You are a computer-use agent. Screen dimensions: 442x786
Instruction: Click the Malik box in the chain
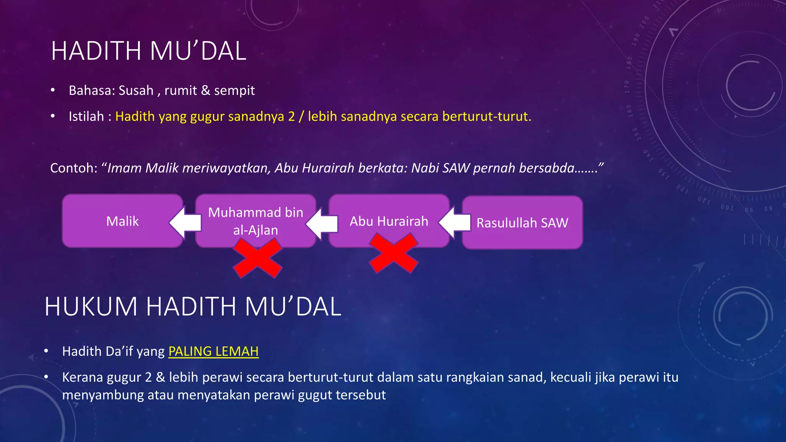[x=122, y=221]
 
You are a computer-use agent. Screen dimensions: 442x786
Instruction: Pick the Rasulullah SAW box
[x=522, y=223]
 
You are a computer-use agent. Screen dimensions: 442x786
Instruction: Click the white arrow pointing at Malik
[x=185, y=222]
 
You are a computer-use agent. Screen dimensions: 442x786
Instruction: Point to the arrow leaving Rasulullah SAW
[x=455, y=222]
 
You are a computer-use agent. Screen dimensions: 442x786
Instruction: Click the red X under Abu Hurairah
[x=393, y=254]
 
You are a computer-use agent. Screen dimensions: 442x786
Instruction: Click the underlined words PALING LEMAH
[x=213, y=351]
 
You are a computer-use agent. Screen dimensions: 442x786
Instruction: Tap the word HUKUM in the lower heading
[x=91, y=307]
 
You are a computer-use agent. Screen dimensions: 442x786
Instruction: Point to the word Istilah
[x=86, y=116]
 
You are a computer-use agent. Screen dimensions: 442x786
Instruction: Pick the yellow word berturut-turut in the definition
[x=487, y=116]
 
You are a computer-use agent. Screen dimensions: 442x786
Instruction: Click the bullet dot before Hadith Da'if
[x=46, y=351]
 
